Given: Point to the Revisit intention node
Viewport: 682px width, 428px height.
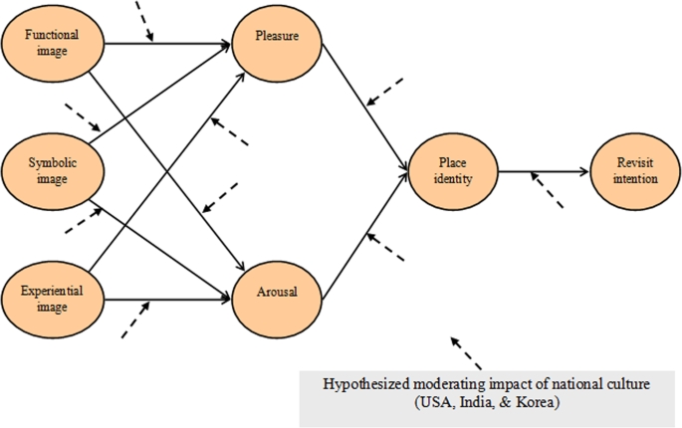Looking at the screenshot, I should coord(635,171).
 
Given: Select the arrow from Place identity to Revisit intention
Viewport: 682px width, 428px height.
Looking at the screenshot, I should coord(543,171).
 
